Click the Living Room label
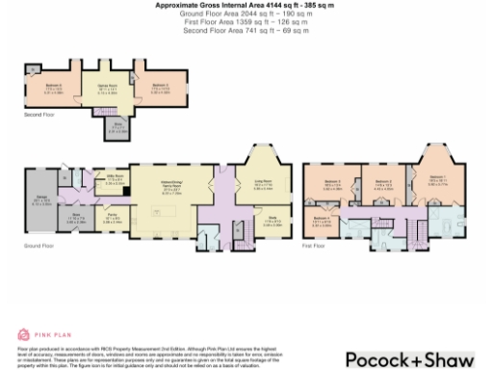coord(263,187)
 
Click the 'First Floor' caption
coord(315,246)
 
